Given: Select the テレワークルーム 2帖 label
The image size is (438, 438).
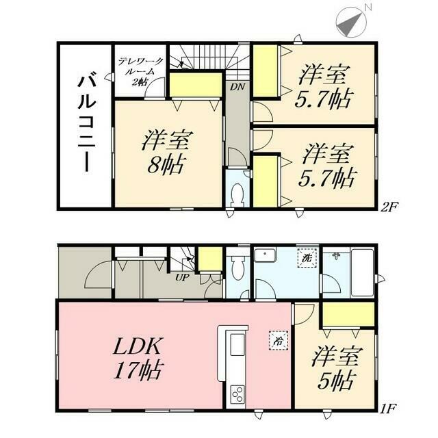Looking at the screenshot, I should tap(139, 71).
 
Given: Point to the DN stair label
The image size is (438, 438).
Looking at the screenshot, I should tap(236, 88).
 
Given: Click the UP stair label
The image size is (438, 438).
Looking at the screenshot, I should tap(182, 278).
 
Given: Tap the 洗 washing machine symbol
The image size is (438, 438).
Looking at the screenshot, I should tap(305, 259).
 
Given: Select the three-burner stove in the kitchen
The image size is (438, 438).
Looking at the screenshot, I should tap(237, 394).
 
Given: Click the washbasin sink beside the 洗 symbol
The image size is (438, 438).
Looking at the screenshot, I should tap(264, 257).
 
